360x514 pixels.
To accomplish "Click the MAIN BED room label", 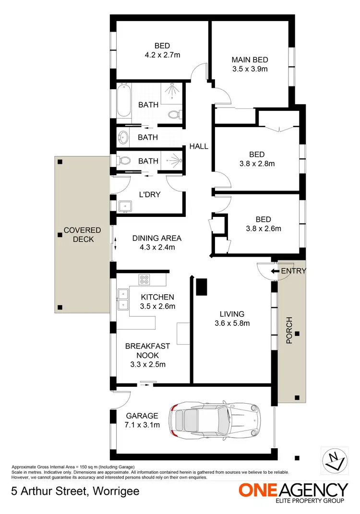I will click(250, 60).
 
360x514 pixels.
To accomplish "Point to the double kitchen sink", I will click(123, 298).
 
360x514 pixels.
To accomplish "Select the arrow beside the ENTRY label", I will click(275, 271).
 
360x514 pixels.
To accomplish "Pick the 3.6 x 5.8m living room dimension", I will click(233, 323).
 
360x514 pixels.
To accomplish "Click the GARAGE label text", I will click(142, 416).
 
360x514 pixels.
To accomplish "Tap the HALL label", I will click(199, 146).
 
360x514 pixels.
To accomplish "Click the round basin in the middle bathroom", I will click(123, 138).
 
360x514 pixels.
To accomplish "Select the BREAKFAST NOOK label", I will click(142, 350).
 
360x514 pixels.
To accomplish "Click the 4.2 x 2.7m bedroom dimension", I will click(163, 55).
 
